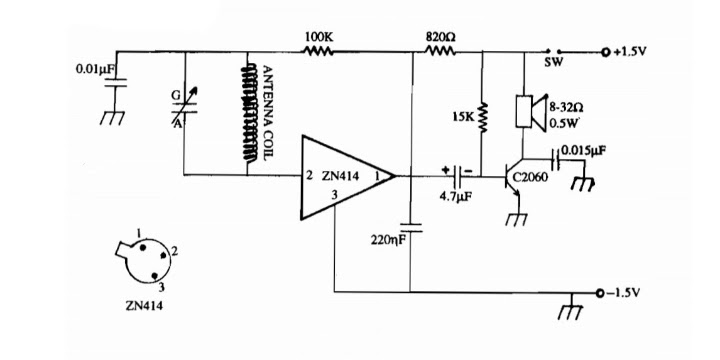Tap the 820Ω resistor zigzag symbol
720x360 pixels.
click(x=440, y=51)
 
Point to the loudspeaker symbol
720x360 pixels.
click(x=531, y=112)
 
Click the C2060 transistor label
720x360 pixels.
click(x=530, y=177)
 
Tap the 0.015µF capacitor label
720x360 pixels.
click(x=581, y=152)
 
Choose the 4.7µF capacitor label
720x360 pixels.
click(x=456, y=197)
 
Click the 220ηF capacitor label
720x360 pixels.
click(x=388, y=240)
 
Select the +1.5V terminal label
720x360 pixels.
click(x=630, y=51)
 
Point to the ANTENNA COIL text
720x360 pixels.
click(x=268, y=112)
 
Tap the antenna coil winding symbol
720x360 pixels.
click(x=250, y=112)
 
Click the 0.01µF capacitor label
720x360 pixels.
click(x=94, y=70)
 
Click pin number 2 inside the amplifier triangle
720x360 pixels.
click(x=309, y=175)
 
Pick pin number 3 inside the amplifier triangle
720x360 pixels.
click(x=335, y=195)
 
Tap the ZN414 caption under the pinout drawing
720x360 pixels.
click(x=144, y=306)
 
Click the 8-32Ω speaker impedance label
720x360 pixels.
click(x=567, y=108)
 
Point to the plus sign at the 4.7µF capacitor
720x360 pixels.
click(x=445, y=169)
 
